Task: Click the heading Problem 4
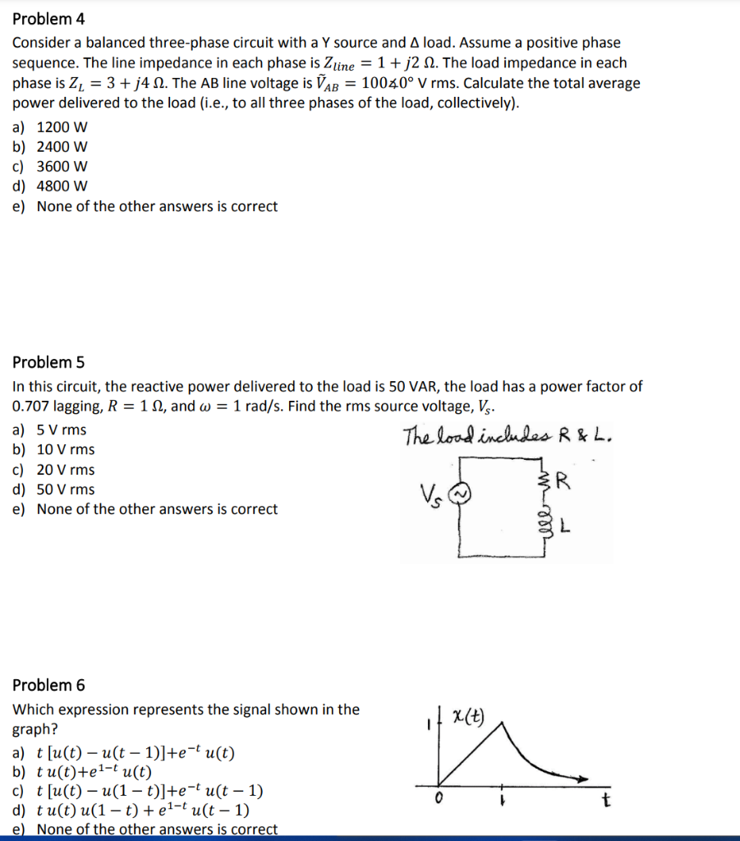48,19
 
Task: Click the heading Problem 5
48,362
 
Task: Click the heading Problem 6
48,685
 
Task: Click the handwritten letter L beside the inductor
566,527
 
